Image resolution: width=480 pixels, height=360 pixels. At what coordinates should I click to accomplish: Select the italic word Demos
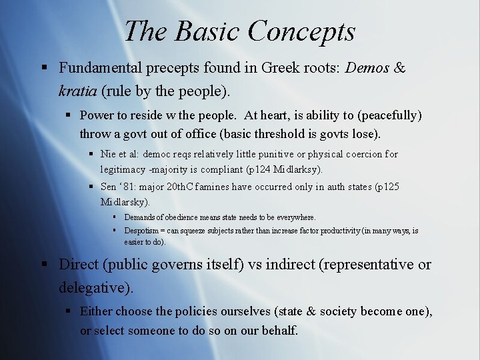click(367, 68)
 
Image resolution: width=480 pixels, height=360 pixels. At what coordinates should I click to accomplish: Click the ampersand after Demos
click(400, 68)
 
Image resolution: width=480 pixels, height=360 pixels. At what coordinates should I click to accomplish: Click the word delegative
click(94, 287)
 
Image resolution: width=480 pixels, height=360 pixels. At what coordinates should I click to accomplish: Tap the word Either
click(96, 311)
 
